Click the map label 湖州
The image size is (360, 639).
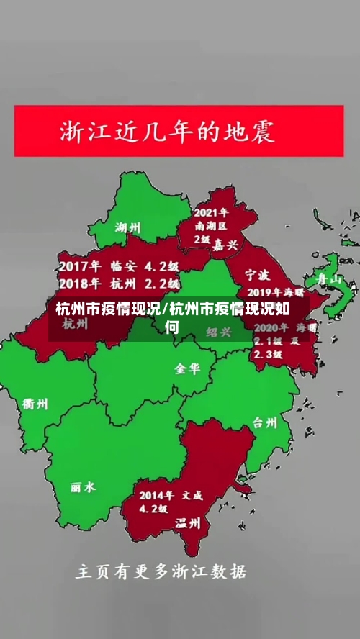pos(128,227)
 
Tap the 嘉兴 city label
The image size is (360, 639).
pos(225,245)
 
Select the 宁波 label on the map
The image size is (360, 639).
pos(258,275)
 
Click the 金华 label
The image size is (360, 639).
pos(186,368)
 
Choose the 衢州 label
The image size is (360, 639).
pos(35,404)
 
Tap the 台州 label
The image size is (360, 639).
pos(266,422)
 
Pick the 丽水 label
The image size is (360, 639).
pos(82,487)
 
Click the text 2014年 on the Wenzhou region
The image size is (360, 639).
pos(156,495)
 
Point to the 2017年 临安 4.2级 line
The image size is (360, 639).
pos(119,264)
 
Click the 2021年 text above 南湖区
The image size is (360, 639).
pos(211,213)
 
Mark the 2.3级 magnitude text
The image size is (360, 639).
pos(266,354)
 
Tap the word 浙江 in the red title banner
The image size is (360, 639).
pos(81,132)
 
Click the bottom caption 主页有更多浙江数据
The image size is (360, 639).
pos(161,572)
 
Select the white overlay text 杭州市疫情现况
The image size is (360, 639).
pos(108,309)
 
